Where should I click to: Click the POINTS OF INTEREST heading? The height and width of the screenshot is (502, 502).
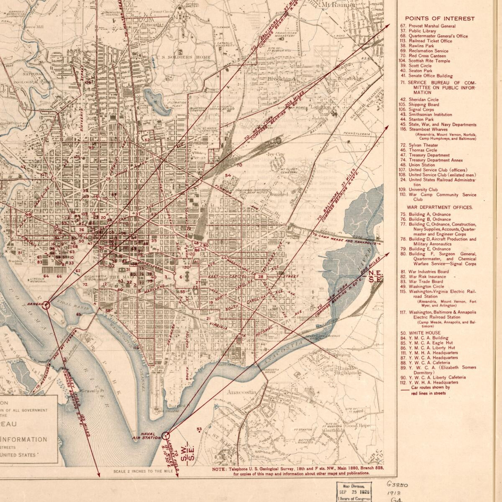[439, 18]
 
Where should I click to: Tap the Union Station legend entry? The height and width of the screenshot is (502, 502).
[422, 165]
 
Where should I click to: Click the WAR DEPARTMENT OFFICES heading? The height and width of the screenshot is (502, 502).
[440, 207]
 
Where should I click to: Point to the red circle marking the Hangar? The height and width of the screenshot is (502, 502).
[46, 305]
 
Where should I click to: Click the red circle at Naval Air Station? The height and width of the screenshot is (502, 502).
[166, 435]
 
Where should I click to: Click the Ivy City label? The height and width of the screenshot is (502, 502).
[276, 154]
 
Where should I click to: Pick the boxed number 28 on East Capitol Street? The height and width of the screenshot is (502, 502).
[261, 277]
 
